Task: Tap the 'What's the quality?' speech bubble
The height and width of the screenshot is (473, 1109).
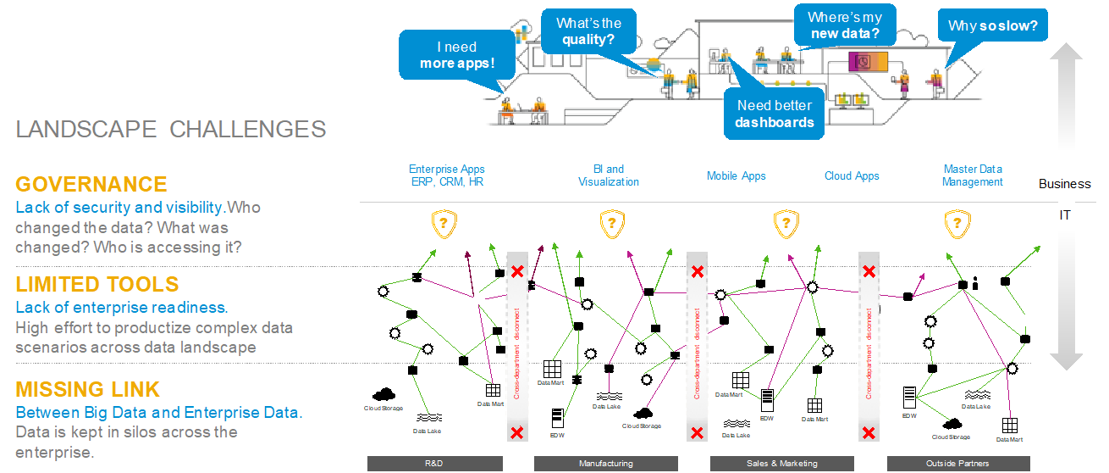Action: click(x=588, y=31)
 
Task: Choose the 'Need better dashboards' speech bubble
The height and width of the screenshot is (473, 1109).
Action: click(x=774, y=114)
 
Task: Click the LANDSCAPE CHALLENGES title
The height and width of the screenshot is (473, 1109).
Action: click(x=171, y=129)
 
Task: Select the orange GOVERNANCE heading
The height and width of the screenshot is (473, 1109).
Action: click(x=91, y=185)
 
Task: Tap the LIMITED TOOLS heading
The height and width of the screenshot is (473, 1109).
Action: click(x=97, y=284)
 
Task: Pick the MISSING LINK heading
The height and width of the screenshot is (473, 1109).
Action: click(x=87, y=390)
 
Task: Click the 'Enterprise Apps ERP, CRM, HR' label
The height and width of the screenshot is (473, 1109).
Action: click(x=447, y=175)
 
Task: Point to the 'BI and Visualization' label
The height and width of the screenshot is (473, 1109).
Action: click(x=609, y=175)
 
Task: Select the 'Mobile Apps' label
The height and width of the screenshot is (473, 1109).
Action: click(x=736, y=176)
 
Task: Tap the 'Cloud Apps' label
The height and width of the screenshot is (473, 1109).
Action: click(x=852, y=176)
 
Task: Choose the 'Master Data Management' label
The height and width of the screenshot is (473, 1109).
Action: click(x=973, y=175)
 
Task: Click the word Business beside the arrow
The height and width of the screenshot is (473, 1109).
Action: click(x=1065, y=184)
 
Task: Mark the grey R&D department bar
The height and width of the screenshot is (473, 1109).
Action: click(x=434, y=464)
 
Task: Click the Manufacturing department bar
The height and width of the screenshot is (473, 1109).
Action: click(x=605, y=464)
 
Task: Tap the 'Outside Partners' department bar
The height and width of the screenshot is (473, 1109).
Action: click(x=957, y=464)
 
